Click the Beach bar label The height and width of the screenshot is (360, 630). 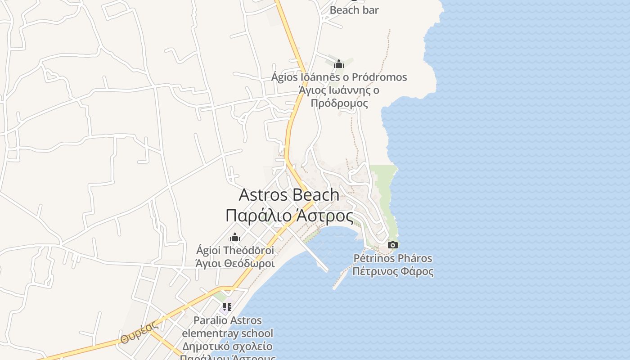[x=354, y=10]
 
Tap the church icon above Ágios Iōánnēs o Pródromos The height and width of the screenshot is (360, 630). [x=339, y=64]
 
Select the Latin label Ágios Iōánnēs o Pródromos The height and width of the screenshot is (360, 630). [x=339, y=77]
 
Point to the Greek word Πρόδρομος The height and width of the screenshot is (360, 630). [x=339, y=103]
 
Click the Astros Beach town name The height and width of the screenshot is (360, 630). [x=289, y=195]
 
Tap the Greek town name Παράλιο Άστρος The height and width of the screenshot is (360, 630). [x=289, y=216]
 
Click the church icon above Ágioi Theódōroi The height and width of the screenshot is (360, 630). [x=235, y=237]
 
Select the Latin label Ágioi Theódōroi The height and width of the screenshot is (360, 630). [x=235, y=250]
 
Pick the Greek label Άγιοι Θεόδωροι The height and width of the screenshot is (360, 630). [x=235, y=263]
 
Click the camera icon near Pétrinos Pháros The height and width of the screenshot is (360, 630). [x=393, y=245]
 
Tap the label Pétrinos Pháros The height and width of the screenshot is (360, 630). [x=393, y=258]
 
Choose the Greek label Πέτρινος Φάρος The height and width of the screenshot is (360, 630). [x=393, y=271]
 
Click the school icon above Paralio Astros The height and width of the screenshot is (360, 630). [x=227, y=307]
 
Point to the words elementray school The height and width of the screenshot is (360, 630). [x=227, y=333]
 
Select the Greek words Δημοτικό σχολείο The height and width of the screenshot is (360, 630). [x=227, y=346]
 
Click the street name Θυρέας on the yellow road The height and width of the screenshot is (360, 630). [x=138, y=333]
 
